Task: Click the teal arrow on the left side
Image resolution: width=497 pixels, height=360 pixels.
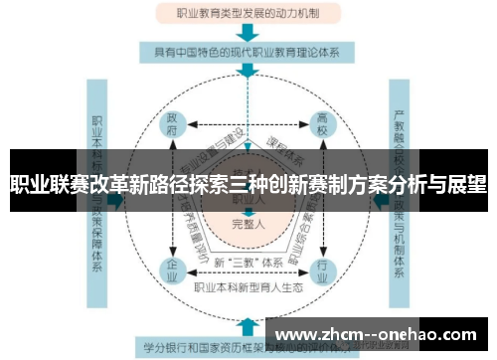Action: click(x=116, y=199)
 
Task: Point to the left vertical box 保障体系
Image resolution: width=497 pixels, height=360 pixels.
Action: click(x=97, y=199)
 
